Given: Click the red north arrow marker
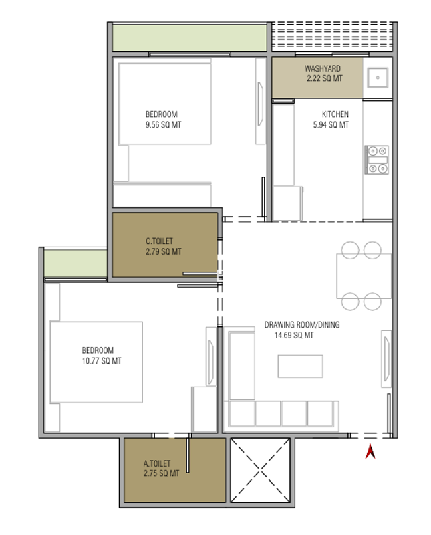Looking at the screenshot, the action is pos(370,452).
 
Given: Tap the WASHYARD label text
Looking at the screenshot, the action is pos(323,68).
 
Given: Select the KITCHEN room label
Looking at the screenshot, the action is pos(335,114).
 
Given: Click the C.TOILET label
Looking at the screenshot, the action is pos(159,241).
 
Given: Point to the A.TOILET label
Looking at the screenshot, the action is pos(157,463).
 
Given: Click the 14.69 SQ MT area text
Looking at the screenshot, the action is pos(294,336).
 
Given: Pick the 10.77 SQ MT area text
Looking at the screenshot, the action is pos(102,361).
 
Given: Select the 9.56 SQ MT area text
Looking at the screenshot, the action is pos(163,125).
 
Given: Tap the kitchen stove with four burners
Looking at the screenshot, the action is pos(377,160).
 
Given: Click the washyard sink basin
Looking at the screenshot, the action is pos(378,78).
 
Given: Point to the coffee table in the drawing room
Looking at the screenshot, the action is pos(301,366).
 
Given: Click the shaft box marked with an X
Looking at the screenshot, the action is pos(260,471).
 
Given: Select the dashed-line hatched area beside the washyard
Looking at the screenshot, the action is pos(332,35).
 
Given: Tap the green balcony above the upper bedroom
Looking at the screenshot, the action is pos(190,38).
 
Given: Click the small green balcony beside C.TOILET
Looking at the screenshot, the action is pos(76,263).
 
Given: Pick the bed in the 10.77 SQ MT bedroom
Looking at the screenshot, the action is pos(96,362).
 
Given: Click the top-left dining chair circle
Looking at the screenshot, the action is pos(350,250).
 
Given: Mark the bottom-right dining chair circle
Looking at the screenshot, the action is pos(372,302).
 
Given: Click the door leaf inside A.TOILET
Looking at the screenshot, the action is pos(188,455).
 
